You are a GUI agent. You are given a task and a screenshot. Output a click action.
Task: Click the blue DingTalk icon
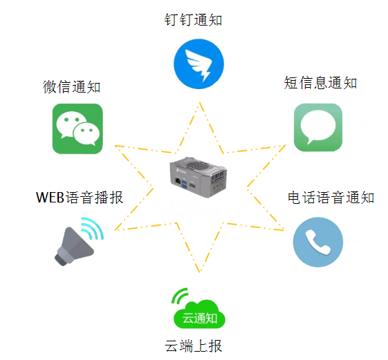198,64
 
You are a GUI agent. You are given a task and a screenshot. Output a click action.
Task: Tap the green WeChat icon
77,129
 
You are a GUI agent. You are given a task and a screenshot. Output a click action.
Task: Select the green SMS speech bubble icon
318,127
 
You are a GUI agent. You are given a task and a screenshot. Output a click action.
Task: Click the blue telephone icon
318,242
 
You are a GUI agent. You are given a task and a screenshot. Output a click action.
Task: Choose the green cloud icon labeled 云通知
199,314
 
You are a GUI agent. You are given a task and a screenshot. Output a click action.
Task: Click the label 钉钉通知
193,20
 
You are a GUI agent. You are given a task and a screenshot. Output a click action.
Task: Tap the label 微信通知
71,87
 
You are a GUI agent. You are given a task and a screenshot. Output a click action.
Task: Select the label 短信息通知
320,83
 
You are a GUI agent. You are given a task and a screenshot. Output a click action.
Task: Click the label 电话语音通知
331,198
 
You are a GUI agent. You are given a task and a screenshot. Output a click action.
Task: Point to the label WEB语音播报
80,198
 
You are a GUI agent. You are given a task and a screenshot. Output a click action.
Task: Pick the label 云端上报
193,345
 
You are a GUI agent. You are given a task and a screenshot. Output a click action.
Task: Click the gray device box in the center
198,177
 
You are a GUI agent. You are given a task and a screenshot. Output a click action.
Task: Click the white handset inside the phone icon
318,242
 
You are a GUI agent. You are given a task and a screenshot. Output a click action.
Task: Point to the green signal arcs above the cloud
178,295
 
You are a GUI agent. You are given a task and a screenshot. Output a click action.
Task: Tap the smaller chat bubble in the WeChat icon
86,134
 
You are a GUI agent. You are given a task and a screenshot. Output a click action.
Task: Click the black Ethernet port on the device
178,180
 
